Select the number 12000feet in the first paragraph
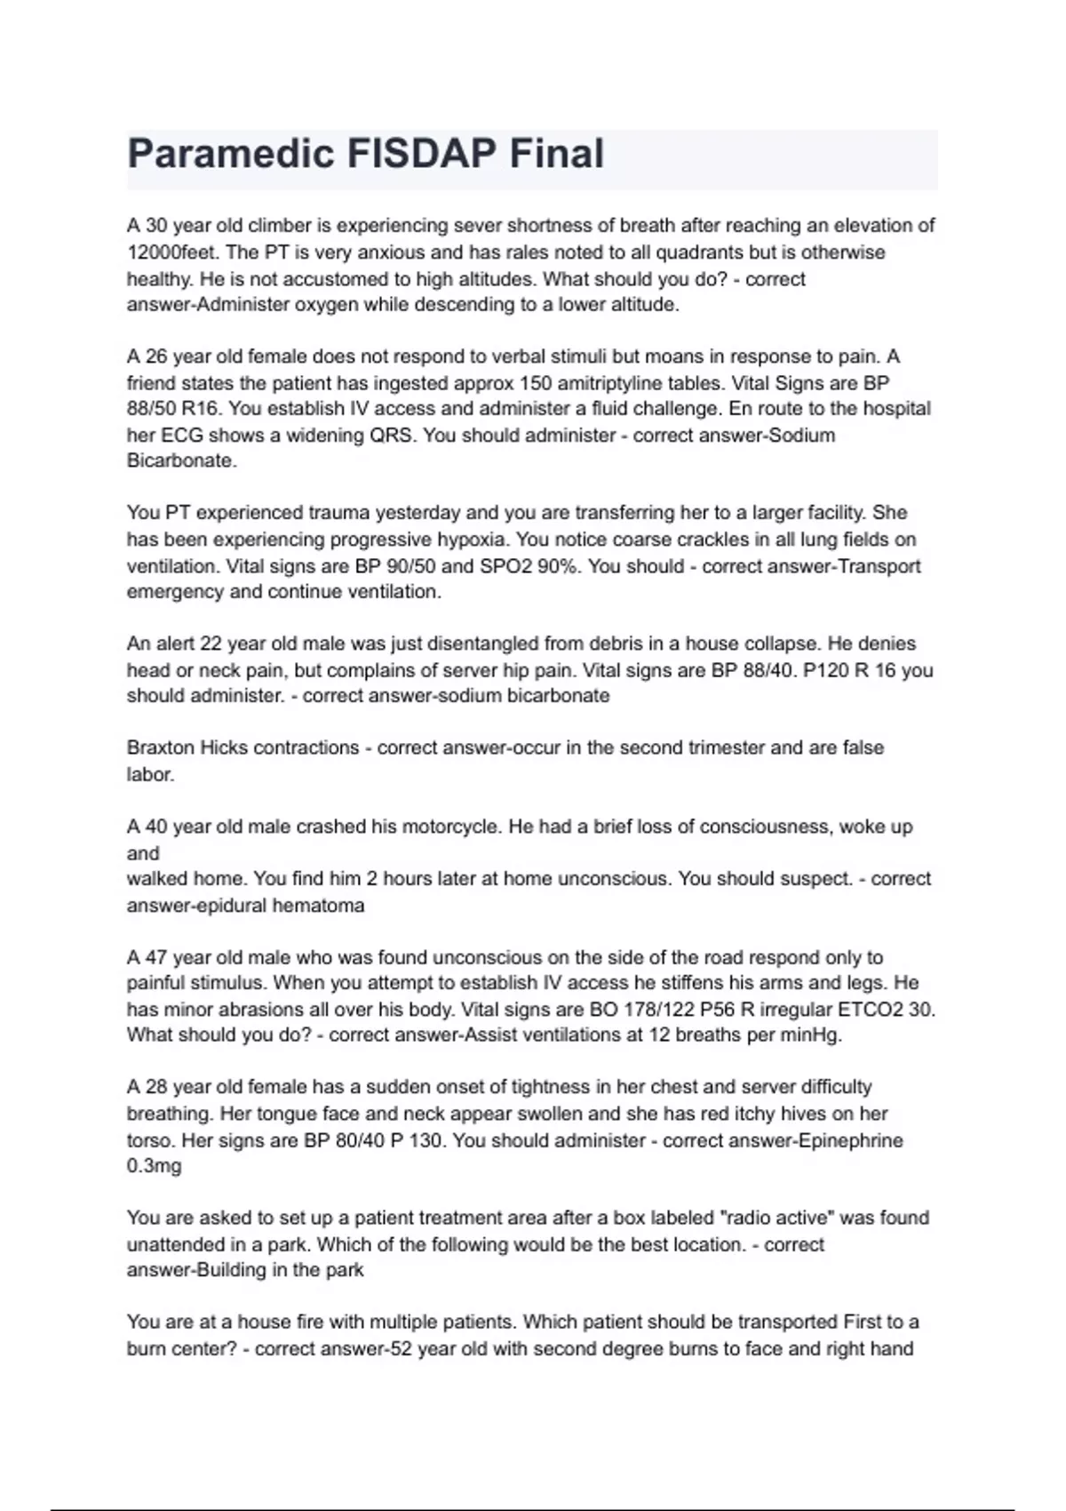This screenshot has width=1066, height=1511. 172,252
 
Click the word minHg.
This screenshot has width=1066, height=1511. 815,1035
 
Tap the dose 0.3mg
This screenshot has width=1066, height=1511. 154,1166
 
